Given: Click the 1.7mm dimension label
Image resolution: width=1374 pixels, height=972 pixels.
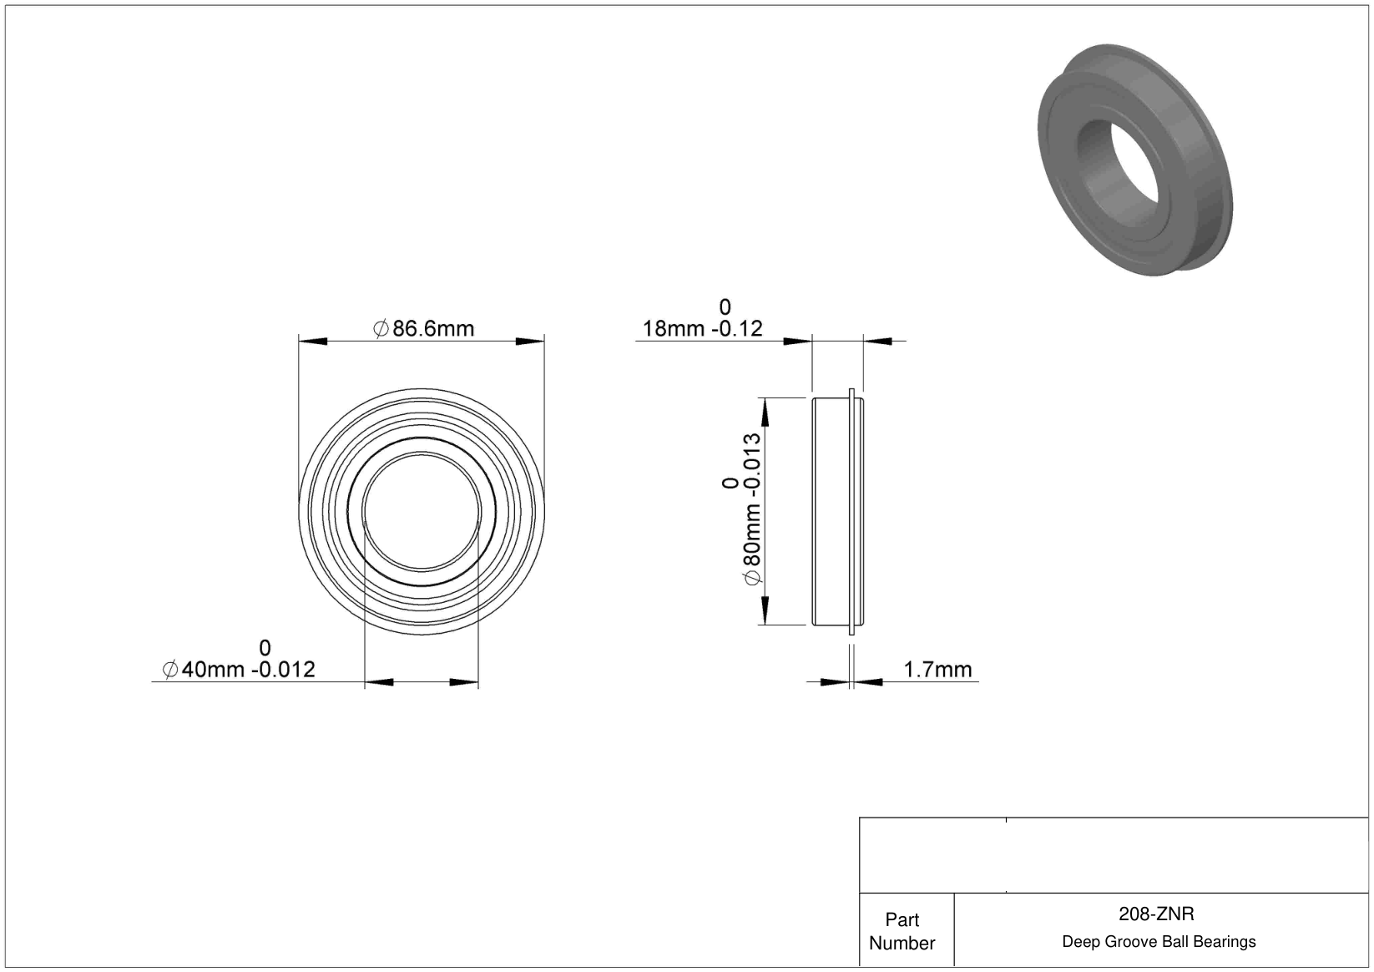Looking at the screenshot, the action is pyautogui.click(x=938, y=670).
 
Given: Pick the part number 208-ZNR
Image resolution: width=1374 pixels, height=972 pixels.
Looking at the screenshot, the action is pyautogui.click(x=1156, y=914).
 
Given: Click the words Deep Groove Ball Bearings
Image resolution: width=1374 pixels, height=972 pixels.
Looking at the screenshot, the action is pyautogui.click(x=1159, y=941).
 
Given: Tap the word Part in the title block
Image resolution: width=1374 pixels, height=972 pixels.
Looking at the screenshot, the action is pyautogui.click(x=902, y=919).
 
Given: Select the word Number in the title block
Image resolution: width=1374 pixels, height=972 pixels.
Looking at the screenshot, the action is pyautogui.click(x=902, y=943).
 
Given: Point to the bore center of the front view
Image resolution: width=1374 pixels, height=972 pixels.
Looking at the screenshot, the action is pyautogui.click(x=422, y=512).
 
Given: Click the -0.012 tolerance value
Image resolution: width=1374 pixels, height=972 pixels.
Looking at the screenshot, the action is pyautogui.click(x=284, y=670).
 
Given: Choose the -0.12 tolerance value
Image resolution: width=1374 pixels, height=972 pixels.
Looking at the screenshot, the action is pyautogui.click(x=737, y=329).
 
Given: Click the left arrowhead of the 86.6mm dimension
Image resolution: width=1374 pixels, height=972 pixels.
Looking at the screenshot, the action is pyautogui.click(x=313, y=342).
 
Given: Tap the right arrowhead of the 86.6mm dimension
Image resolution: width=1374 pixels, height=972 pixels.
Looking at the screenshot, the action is pyautogui.click(x=530, y=342).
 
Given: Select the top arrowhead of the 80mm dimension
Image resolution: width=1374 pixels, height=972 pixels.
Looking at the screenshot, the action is pyautogui.click(x=765, y=413).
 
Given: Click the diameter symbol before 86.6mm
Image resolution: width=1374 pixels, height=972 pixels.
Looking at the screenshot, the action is pyautogui.click(x=381, y=329).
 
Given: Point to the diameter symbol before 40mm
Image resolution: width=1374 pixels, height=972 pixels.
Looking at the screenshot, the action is pyautogui.click(x=170, y=670).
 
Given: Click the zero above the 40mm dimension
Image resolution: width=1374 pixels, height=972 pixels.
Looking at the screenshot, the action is pyautogui.click(x=265, y=648).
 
